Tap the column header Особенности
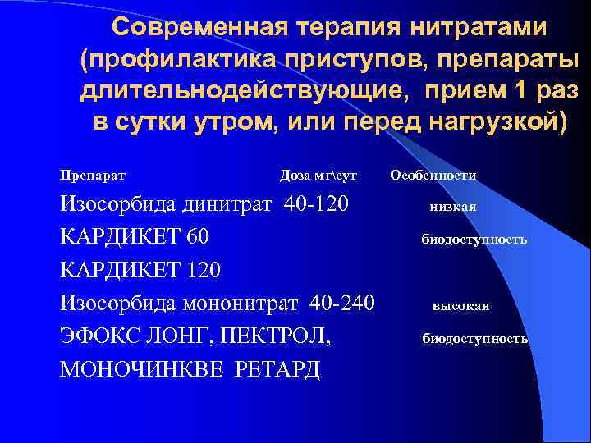[x=433, y=175]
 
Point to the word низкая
[x=453, y=207]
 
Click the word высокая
[x=461, y=306]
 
